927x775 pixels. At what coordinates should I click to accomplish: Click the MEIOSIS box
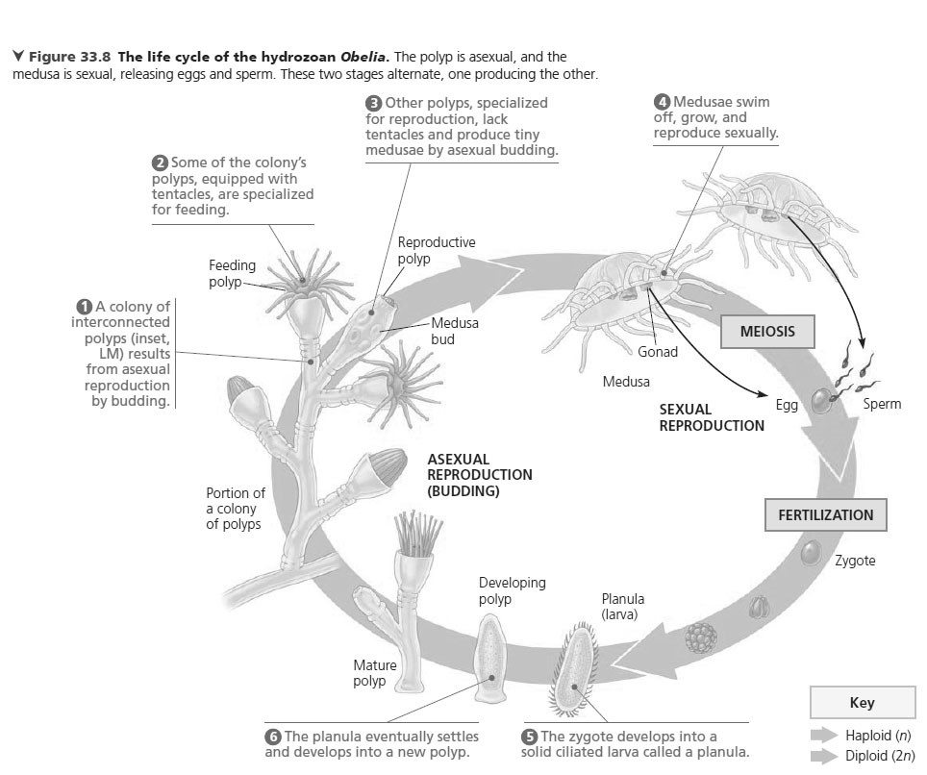tap(767, 332)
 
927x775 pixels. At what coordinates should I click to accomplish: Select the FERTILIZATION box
tap(825, 514)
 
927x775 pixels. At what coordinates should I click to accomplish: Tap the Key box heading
tap(861, 703)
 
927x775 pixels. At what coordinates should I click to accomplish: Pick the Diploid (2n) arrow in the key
tap(825, 756)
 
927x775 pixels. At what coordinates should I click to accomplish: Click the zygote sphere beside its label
tap(811, 552)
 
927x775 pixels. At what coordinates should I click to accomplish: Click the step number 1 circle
tap(84, 307)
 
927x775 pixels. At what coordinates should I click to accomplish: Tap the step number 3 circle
tap(374, 103)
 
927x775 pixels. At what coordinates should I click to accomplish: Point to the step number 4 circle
tap(662, 102)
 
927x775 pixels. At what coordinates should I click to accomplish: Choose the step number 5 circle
tap(529, 737)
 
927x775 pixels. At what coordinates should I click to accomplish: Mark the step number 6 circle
tap(273, 737)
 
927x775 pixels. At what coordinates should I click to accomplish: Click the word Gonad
tap(658, 352)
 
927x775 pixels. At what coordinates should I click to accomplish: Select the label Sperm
tap(882, 404)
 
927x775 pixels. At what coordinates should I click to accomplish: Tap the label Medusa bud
tap(455, 331)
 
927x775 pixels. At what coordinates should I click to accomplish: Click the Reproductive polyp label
tap(436, 251)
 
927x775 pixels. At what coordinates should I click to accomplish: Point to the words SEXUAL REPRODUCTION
tap(712, 417)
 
